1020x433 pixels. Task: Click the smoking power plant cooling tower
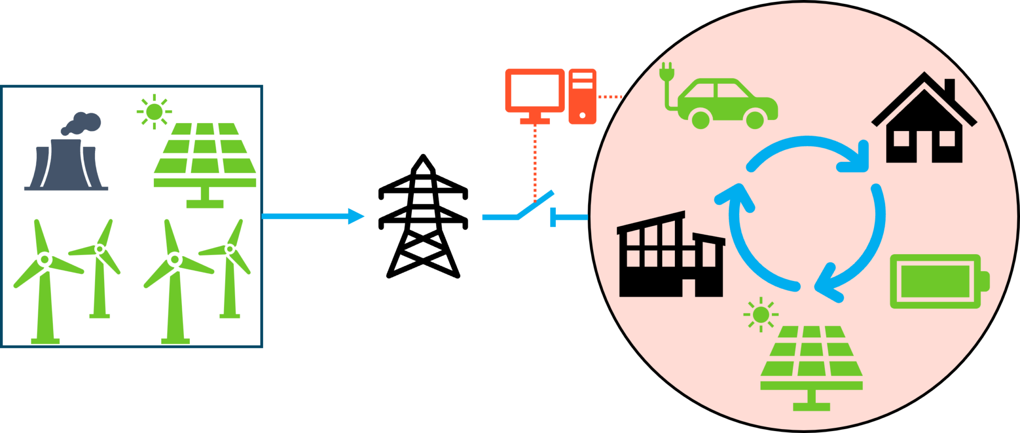tap(66, 164)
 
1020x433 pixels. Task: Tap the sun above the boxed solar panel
tap(154, 111)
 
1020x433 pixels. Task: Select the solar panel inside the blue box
tap(205, 154)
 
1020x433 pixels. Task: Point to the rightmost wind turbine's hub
tap(230, 248)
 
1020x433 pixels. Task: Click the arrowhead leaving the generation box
tap(356, 216)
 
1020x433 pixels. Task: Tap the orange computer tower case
tap(582, 96)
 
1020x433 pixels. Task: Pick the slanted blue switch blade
tap(536, 204)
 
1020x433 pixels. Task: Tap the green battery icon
tap(936, 281)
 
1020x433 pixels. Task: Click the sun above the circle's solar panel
tap(761, 314)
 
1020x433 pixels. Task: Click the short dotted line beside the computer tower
tap(610, 97)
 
